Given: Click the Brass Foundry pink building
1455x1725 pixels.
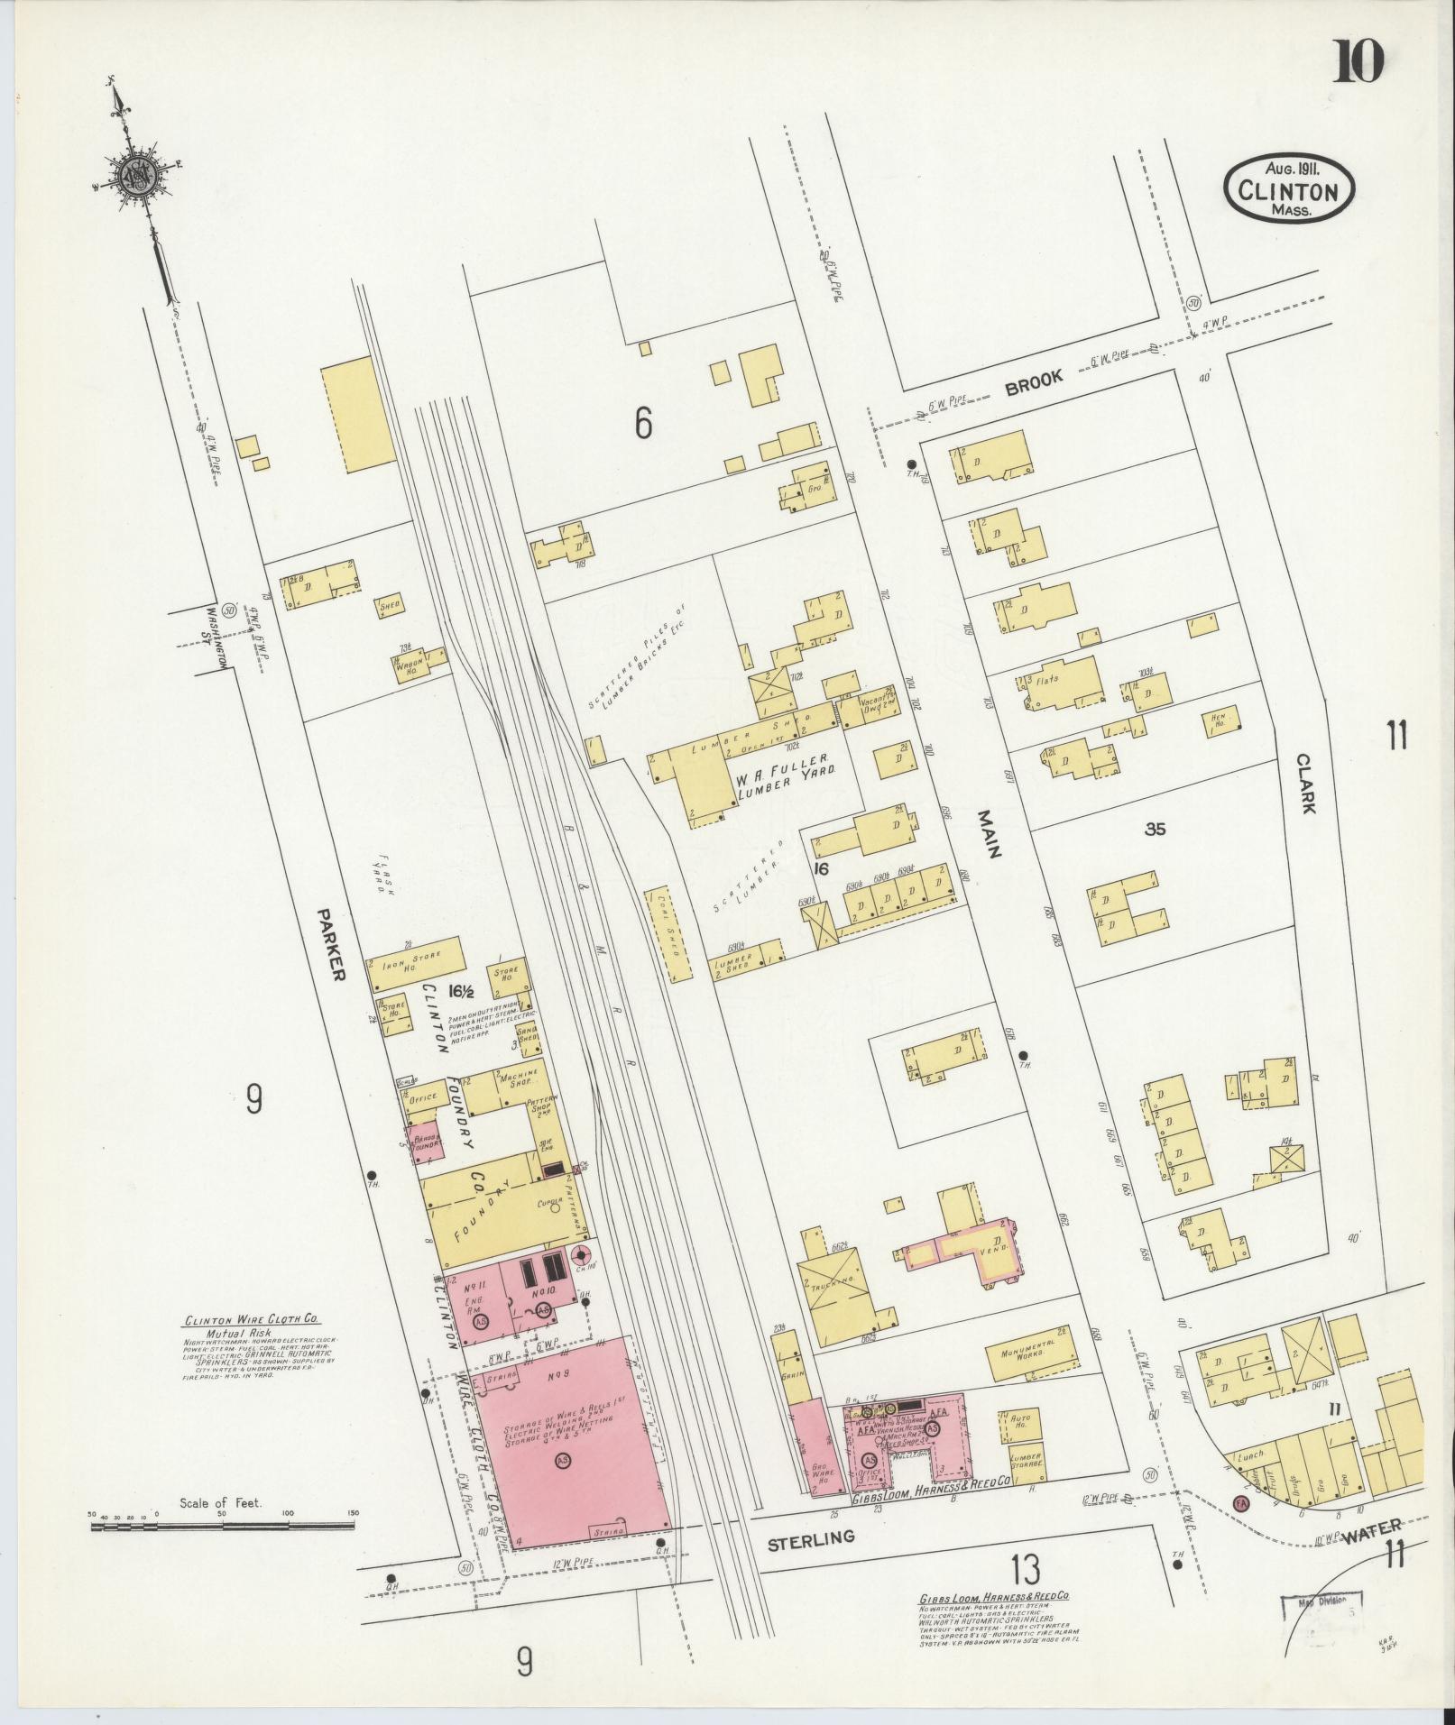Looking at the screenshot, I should (x=425, y=1142).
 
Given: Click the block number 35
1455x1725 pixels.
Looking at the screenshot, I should (x=1155, y=829).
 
